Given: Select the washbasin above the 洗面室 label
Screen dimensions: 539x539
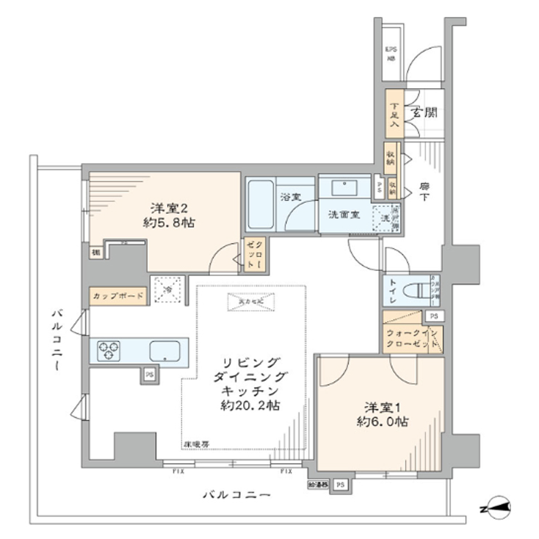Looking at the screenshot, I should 344,187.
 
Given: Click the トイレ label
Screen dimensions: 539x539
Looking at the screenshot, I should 395,291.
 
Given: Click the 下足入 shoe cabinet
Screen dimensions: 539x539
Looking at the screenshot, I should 394,114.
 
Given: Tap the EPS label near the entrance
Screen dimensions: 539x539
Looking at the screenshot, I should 391,52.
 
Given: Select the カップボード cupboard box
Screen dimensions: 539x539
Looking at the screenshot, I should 119,296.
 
